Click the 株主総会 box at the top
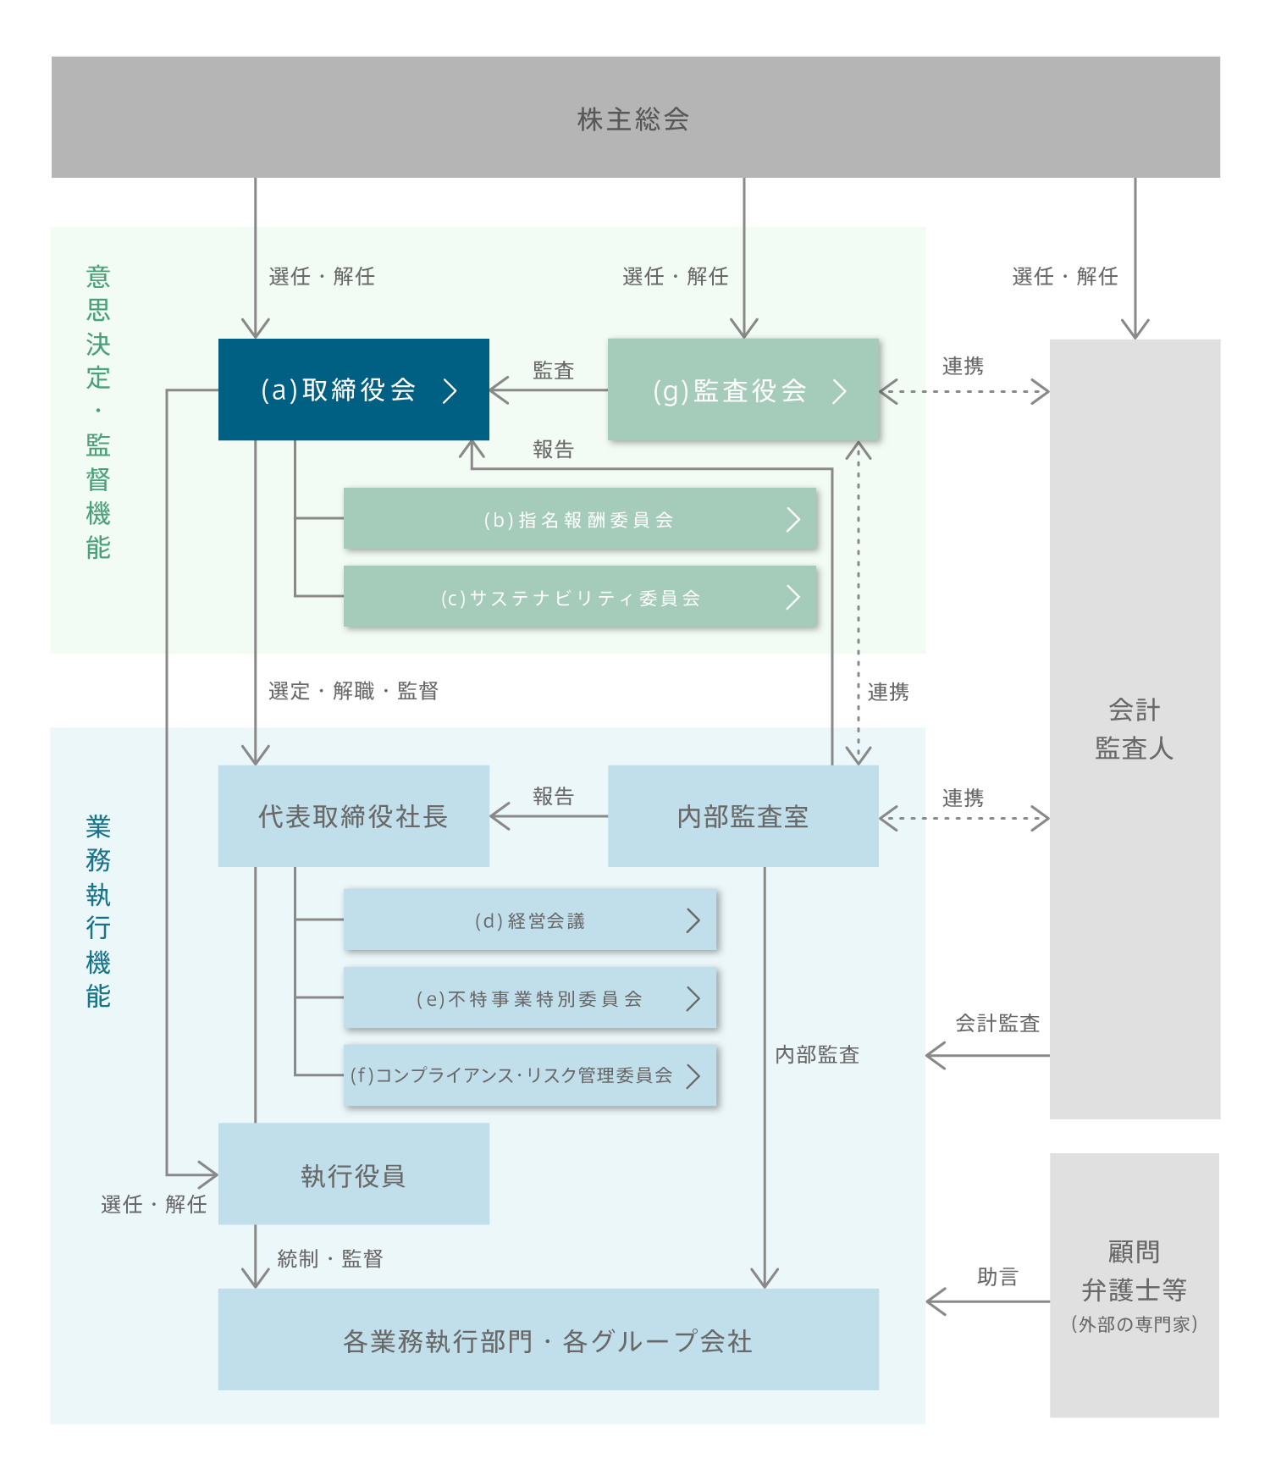pos(634,118)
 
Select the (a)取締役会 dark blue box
pos(353,389)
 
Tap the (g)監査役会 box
pos(743,390)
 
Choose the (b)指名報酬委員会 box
pos(579,519)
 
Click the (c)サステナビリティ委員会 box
pos(579,597)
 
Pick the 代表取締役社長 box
pos(353,816)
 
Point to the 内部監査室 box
pos(743,816)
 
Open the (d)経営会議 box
pos(530,920)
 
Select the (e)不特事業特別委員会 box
pos(530,998)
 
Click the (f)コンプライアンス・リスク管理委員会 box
pos(530,1075)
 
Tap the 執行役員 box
pos(353,1174)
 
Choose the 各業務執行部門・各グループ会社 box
pos(548,1340)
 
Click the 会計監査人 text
pos(1134,729)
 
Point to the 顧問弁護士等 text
pos(1134,1271)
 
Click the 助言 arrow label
pos(997,1277)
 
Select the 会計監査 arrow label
pos(997,1024)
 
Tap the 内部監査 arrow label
pos(817,1055)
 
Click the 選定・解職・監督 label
pos(353,692)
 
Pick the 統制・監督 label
pos(330,1259)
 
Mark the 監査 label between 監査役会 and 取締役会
pos(554,371)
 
